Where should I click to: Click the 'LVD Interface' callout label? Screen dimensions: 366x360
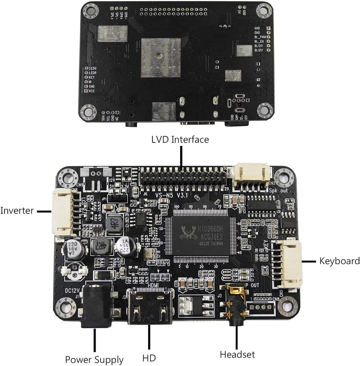(180, 140)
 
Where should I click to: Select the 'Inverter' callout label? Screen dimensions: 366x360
(17, 210)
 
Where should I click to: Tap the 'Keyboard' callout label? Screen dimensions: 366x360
(339, 261)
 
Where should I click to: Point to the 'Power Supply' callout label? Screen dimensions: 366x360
(94, 360)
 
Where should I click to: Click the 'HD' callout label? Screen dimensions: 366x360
(149, 358)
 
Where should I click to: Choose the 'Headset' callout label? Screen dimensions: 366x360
(237, 354)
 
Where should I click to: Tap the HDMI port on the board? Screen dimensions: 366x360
(151, 307)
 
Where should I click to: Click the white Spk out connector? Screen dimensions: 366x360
(252, 176)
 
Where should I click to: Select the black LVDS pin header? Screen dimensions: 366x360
(183, 178)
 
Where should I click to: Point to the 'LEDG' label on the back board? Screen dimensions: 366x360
(93, 68)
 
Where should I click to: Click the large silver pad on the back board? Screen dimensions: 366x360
(160, 58)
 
